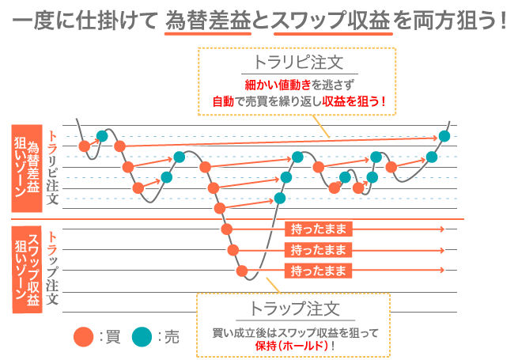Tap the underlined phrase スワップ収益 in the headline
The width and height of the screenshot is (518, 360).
[331, 20]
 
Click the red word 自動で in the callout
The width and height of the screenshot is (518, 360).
[228, 101]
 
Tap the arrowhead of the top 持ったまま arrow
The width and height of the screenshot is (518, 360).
[442, 229]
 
